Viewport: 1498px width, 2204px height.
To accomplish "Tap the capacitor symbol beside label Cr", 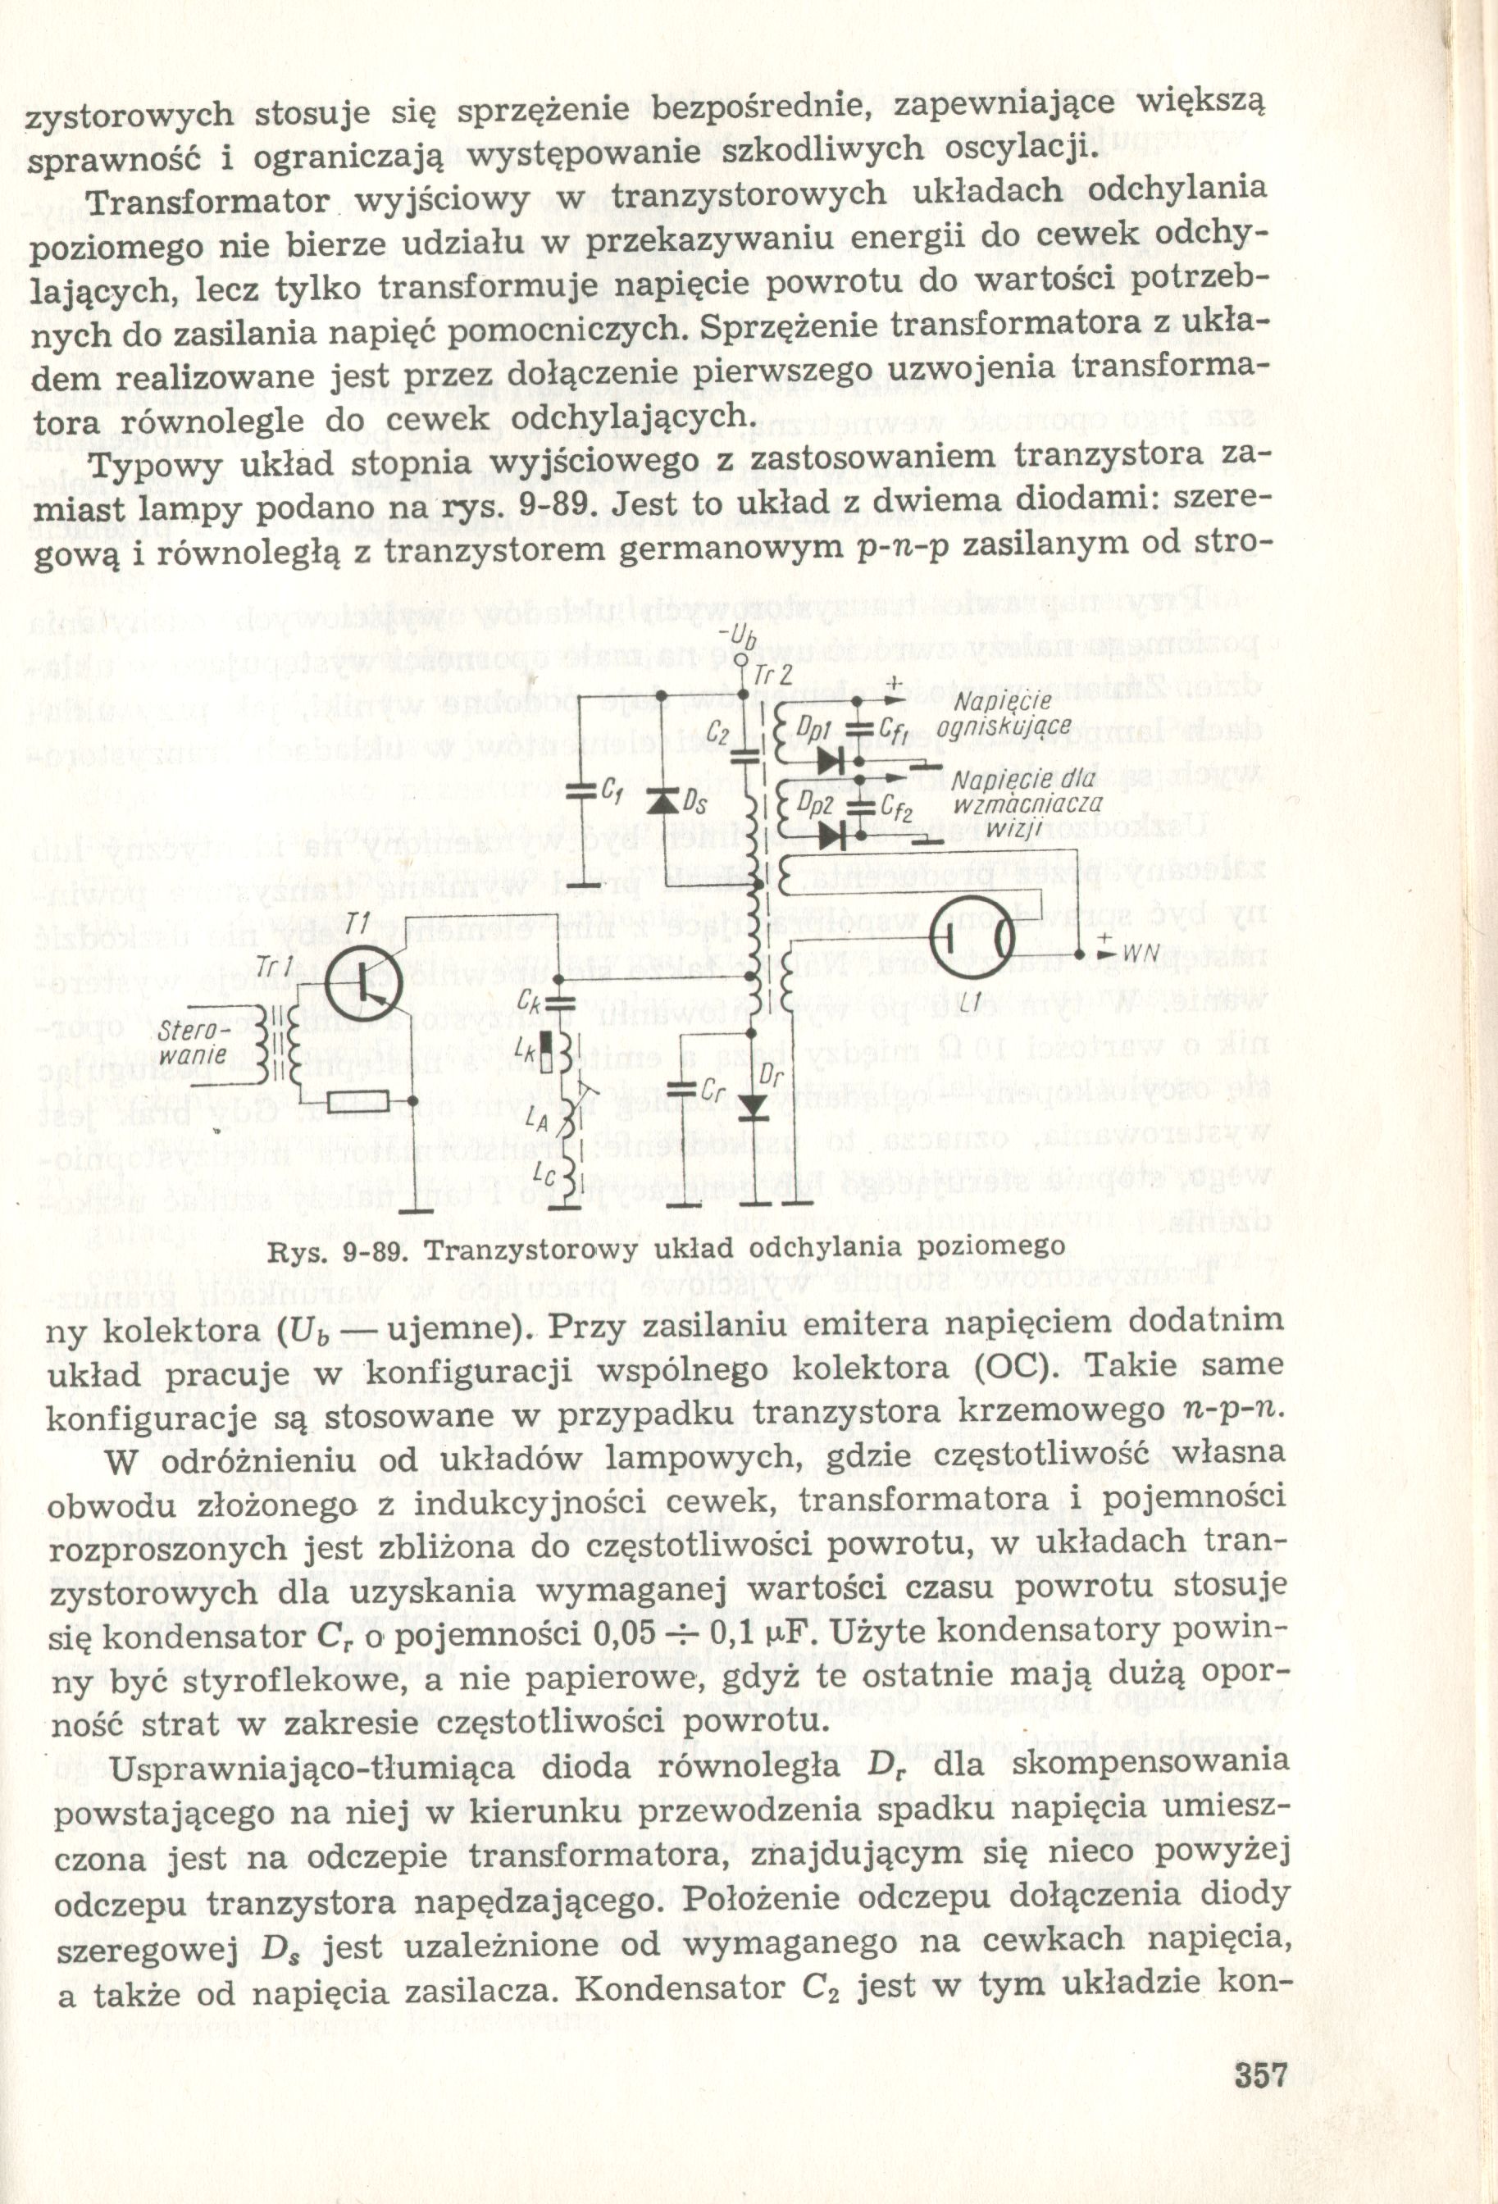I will (x=684, y=1083).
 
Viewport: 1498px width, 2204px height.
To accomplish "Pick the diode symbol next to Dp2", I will (x=832, y=835).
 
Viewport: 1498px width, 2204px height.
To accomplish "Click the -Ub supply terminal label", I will (x=740, y=635).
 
